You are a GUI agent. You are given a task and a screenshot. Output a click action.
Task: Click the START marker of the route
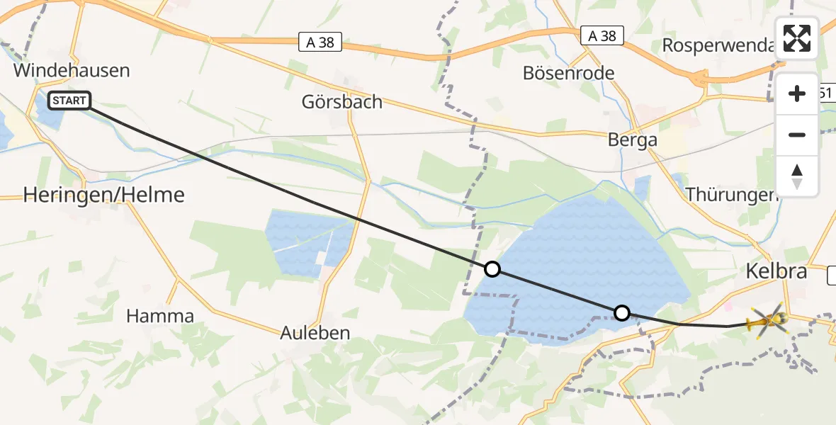(x=69, y=101)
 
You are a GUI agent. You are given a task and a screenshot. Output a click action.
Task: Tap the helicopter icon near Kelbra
(x=766, y=323)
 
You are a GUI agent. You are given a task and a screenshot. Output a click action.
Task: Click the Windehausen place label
(x=72, y=71)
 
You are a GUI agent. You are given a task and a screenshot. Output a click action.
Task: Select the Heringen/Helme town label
(x=104, y=195)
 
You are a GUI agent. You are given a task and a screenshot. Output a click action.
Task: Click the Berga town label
(x=633, y=140)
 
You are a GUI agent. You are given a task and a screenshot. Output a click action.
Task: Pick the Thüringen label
(x=732, y=193)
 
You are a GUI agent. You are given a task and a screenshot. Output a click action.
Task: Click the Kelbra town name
(x=776, y=271)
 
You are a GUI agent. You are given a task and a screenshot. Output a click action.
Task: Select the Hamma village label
(x=160, y=316)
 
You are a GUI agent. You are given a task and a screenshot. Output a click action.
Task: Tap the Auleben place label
(x=315, y=333)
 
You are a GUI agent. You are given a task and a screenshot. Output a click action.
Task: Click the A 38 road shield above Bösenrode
(x=602, y=35)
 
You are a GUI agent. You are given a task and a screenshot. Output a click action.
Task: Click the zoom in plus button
(x=797, y=93)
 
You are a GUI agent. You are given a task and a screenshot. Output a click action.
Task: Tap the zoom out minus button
(x=797, y=135)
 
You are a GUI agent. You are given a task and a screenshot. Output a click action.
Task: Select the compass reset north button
(x=797, y=176)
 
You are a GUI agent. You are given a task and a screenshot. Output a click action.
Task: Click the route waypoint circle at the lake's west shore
(x=492, y=269)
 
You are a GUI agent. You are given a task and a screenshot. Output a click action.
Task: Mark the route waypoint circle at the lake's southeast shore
(x=621, y=312)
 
